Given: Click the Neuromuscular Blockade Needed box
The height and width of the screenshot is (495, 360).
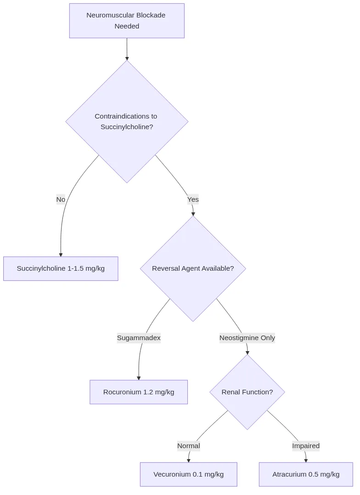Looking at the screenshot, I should click(127, 21).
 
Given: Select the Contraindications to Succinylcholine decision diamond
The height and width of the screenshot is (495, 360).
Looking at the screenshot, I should click(127, 122).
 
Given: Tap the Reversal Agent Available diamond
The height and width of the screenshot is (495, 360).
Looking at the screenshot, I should click(193, 268).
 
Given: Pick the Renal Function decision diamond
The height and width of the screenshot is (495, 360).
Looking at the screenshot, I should click(247, 392).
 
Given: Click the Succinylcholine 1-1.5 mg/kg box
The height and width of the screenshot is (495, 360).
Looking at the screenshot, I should click(61, 268).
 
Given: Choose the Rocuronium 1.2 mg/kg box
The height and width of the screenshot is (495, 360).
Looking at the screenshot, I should click(139, 392).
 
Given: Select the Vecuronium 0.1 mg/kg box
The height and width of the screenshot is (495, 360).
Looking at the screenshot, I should click(188, 474).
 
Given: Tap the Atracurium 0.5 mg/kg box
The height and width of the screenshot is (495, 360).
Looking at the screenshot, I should click(306, 474).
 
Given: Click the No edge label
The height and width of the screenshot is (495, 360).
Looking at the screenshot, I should click(61, 199).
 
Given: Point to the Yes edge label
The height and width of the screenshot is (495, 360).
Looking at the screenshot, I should click(193, 199).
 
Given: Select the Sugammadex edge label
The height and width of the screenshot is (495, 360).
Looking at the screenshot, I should click(139, 338).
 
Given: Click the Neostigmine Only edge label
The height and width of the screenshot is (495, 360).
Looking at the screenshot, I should click(247, 338).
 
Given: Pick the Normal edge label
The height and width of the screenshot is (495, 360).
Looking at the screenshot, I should click(188, 446).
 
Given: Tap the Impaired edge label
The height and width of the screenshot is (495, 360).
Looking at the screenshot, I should click(306, 446).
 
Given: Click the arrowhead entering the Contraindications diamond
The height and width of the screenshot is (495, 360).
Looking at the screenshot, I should click(127, 58).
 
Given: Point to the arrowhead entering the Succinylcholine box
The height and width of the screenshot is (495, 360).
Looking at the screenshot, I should click(61, 255).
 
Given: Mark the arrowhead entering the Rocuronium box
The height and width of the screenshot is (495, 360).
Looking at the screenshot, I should click(139, 378).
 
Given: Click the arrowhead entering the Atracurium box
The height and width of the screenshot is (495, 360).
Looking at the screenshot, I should click(306, 460).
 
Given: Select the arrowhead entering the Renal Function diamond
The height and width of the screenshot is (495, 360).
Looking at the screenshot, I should click(247, 352).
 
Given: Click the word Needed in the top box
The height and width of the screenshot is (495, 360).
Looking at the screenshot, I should click(127, 26).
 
